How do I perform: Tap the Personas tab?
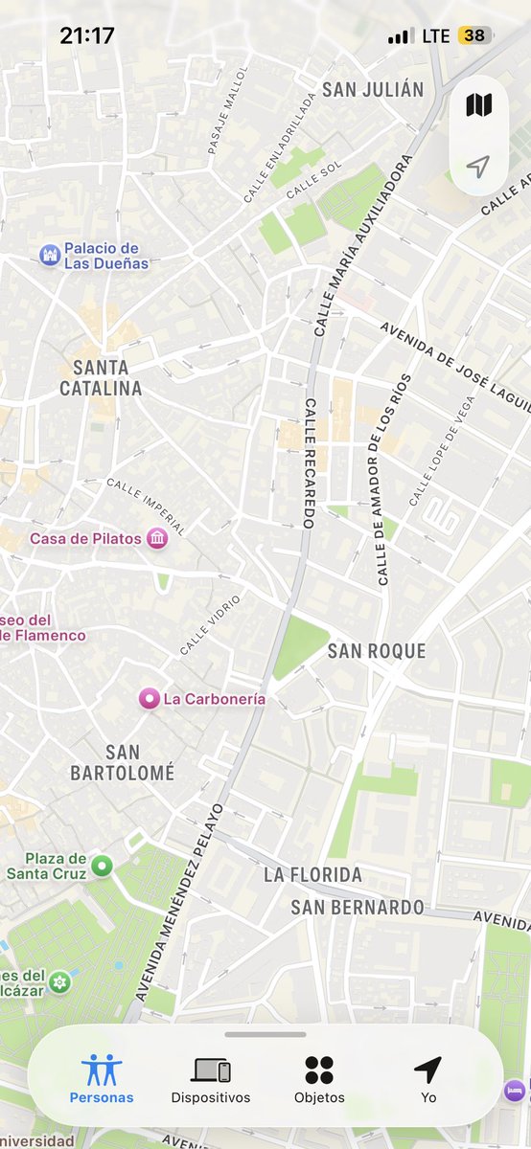tap(102, 1079)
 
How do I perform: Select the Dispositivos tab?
tap(211, 1079)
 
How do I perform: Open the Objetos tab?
tap(319, 1079)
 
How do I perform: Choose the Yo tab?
tap(427, 1079)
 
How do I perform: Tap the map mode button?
tap(478, 105)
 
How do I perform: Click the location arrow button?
tap(478, 168)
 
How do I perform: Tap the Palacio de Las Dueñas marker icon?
tap(50, 255)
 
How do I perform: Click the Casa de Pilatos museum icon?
tap(157, 539)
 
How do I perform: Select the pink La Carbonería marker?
tap(149, 699)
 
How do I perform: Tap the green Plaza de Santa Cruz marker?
tap(102, 867)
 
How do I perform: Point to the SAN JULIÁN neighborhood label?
tap(373, 90)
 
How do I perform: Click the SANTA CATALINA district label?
tap(101, 377)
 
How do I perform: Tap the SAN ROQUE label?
tap(376, 651)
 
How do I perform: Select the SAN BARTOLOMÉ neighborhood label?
tap(123, 762)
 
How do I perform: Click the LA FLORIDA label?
tap(312, 874)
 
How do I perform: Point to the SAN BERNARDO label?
tap(358, 907)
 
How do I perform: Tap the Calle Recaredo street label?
tap(310, 462)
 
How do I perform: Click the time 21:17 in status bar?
tap(86, 36)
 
